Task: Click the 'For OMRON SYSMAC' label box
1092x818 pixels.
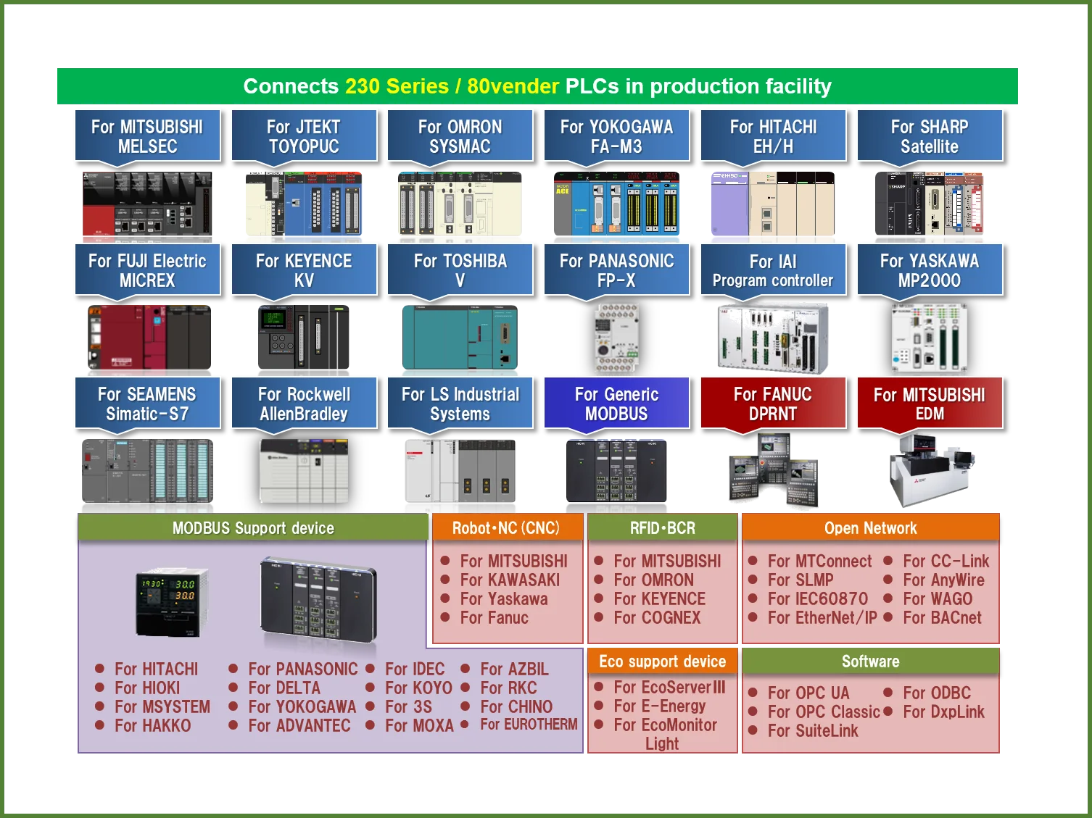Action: pyautogui.click(x=460, y=136)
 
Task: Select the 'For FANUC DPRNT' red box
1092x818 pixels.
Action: pyautogui.click(x=773, y=404)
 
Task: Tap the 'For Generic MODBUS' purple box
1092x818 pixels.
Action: pyautogui.click(x=616, y=404)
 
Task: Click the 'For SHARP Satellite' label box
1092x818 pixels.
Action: pyautogui.click(x=930, y=136)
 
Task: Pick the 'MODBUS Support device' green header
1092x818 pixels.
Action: pyautogui.click(x=253, y=528)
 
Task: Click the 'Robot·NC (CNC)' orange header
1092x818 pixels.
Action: pyautogui.click(x=506, y=528)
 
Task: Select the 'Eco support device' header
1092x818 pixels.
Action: pyautogui.click(x=662, y=662)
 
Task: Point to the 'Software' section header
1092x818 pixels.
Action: pyautogui.click(x=870, y=662)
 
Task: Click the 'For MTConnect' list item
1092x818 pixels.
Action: pyautogui.click(x=819, y=562)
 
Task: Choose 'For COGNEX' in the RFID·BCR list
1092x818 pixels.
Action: pyautogui.click(x=657, y=618)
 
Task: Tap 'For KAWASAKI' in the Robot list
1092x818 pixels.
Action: pyautogui.click(x=510, y=580)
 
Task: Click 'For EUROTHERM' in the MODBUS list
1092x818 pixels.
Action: pyautogui.click(x=529, y=725)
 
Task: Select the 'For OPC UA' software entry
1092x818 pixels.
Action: pyautogui.click(x=808, y=693)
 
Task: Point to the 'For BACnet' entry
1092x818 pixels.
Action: pyautogui.click(x=942, y=618)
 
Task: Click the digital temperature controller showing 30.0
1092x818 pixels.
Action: pyautogui.click(x=171, y=601)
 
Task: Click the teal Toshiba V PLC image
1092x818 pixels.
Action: pyautogui.click(x=460, y=338)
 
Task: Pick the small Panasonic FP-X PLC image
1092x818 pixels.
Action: pyautogui.click(x=616, y=338)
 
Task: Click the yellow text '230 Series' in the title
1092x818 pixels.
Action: pyautogui.click(x=397, y=86)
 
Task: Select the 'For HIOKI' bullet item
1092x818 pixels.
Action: pyautogui.click(x=147, y=688)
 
